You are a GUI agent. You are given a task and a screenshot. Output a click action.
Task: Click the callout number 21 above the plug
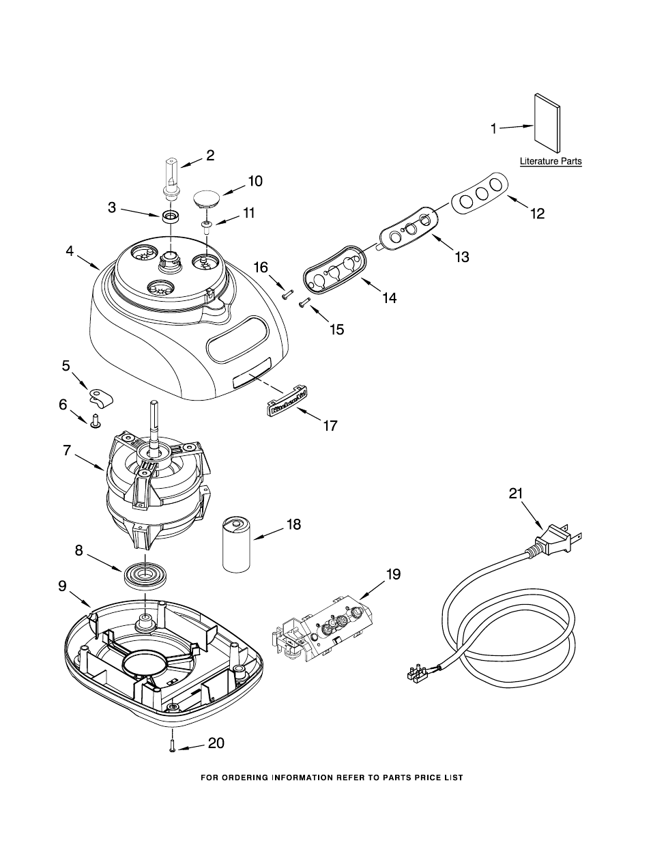click(x=516, y=494)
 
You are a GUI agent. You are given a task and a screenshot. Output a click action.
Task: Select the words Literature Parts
click(x=551, y=162)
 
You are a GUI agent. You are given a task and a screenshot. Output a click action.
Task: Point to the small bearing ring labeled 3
click(x=171, y=218)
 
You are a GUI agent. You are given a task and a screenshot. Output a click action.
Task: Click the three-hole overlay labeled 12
click(x=480, y=192)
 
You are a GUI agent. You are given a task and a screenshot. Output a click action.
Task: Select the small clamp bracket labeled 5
click(x=101, y=396)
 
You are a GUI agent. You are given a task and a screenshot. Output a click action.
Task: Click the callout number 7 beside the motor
click(x=66, y=451)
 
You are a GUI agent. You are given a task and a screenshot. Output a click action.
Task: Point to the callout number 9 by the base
click(x=62, y=586)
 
